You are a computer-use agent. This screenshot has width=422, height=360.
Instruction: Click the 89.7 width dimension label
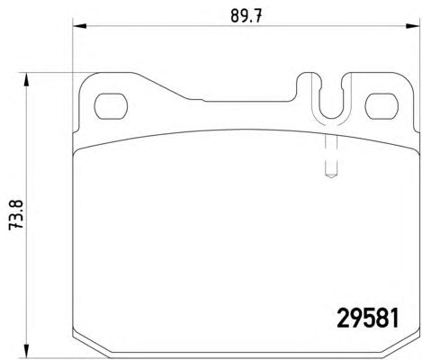coord(247,16)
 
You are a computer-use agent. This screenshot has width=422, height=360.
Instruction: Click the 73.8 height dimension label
coord(15,215)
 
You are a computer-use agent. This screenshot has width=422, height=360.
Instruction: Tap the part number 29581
coord(368,319)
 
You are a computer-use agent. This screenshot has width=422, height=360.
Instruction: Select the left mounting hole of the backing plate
coord(111,106)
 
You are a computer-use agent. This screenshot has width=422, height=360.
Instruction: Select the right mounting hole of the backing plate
coord(382,106)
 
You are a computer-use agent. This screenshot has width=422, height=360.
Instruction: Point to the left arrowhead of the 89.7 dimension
coord(80,26)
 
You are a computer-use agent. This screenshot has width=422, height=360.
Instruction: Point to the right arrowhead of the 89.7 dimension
coord(413,26)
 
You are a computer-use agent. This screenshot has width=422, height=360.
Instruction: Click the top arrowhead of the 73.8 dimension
coord(26,79)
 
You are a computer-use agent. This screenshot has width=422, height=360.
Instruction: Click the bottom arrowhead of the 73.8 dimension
coord(26,351)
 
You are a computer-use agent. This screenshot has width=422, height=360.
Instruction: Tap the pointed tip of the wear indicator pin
coord(331,177)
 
